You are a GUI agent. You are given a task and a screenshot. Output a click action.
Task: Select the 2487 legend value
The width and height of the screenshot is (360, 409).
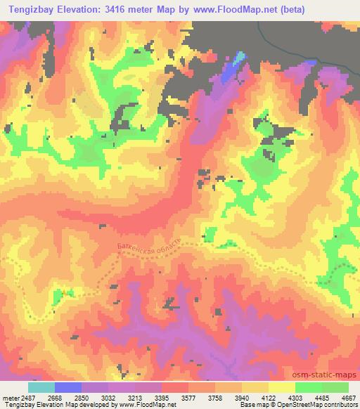pyautogui.click(x=29, y=398)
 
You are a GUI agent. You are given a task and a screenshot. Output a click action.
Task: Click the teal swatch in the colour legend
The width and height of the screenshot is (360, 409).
pyautogui.click(x=41, y=387)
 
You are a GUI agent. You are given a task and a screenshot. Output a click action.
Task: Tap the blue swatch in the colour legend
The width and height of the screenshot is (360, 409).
pyautogui.click(x=68, y=387)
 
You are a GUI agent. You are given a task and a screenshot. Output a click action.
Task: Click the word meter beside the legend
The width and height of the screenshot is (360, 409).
pyautogui.click(x=10, y=398)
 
